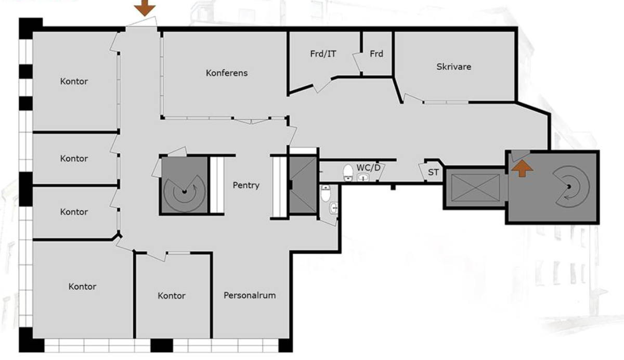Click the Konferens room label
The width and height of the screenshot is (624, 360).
227,73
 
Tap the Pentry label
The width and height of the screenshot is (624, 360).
246,185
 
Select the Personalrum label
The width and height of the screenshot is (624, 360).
250,295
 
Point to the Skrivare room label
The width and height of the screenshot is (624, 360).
454,67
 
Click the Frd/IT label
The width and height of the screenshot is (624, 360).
323,54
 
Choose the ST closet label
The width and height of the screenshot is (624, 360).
433,173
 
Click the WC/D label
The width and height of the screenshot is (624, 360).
368,168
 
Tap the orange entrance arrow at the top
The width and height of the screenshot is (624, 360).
145,8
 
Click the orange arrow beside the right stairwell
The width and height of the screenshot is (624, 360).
522,168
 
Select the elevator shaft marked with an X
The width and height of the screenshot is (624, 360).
475,187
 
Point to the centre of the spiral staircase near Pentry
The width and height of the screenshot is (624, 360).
184,191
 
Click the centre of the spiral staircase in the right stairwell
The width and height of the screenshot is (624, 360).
569,186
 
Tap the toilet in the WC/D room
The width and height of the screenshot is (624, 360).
348,172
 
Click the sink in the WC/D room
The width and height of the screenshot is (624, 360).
363,177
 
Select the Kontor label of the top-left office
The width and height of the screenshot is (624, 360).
74,81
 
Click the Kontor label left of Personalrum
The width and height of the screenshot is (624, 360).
171,295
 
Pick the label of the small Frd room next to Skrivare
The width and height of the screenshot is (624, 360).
376,54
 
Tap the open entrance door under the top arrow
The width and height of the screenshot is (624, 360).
142,22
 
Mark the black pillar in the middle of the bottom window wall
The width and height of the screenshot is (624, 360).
162,345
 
